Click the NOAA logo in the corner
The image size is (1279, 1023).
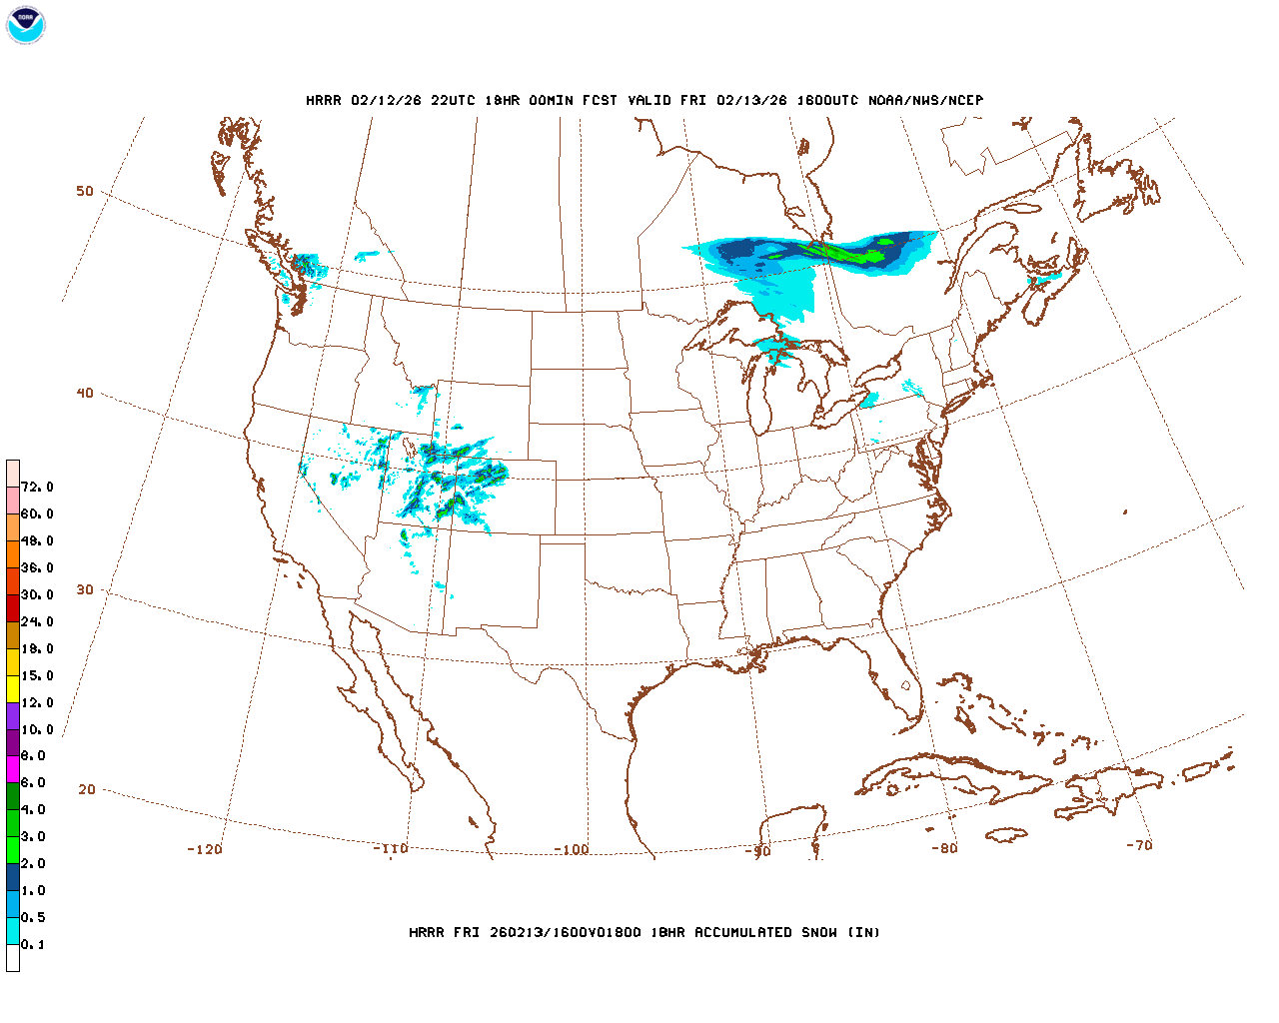point(25,25)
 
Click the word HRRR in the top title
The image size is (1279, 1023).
point(323,101)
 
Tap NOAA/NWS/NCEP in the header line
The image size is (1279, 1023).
point(925,101)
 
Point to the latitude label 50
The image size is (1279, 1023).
point(85,191)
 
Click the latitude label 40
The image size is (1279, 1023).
point(85,393)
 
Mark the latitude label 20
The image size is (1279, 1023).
point(87,789)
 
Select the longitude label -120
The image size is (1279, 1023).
point(205,849)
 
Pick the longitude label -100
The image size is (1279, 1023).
point(572,850)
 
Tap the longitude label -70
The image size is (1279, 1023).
point(1139,845)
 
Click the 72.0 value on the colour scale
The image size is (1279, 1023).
point(37,488)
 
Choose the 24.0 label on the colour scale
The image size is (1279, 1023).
point(37,621)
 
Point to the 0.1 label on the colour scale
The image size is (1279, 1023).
point(33,944)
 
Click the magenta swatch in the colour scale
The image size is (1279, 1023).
point(13,769)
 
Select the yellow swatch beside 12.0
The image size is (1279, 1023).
point(13,688)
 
